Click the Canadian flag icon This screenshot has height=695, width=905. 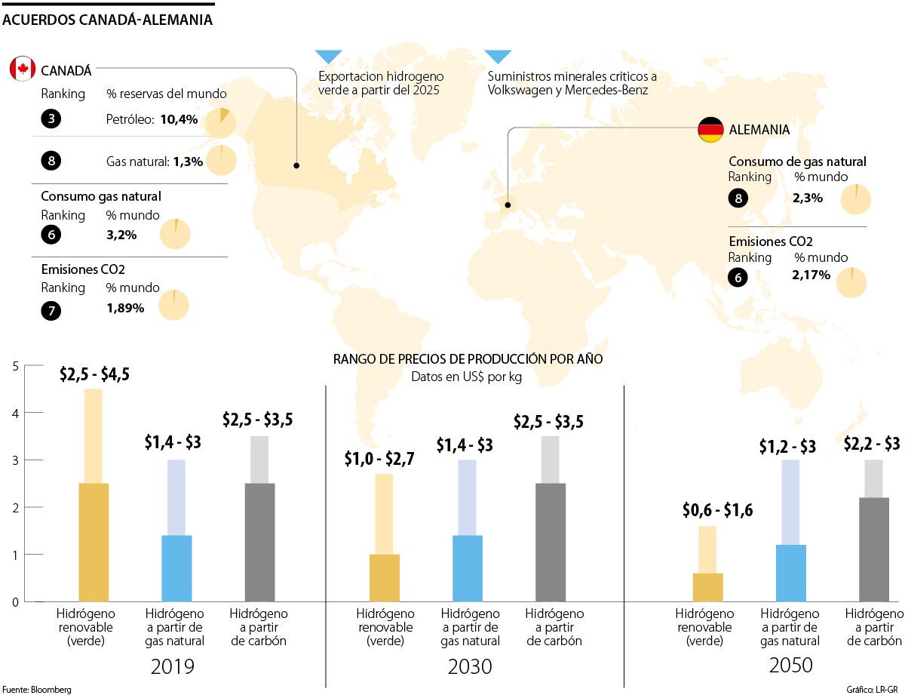[23, 69]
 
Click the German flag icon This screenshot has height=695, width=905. [710, 130]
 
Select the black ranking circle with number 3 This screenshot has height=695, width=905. [51, 119]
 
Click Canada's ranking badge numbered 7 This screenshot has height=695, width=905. [51, 309]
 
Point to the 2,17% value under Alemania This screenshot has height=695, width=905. [811, 275]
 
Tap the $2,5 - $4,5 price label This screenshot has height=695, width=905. [94, 374]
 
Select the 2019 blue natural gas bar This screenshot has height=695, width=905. [176, 568]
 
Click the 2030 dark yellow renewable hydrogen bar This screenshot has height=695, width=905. [385, 578]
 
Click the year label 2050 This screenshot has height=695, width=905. [791, 666]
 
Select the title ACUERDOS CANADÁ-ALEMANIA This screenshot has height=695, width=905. [108, 20]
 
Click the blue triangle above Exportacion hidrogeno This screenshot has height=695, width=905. [329, 57]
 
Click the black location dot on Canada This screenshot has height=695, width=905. [296, 165]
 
